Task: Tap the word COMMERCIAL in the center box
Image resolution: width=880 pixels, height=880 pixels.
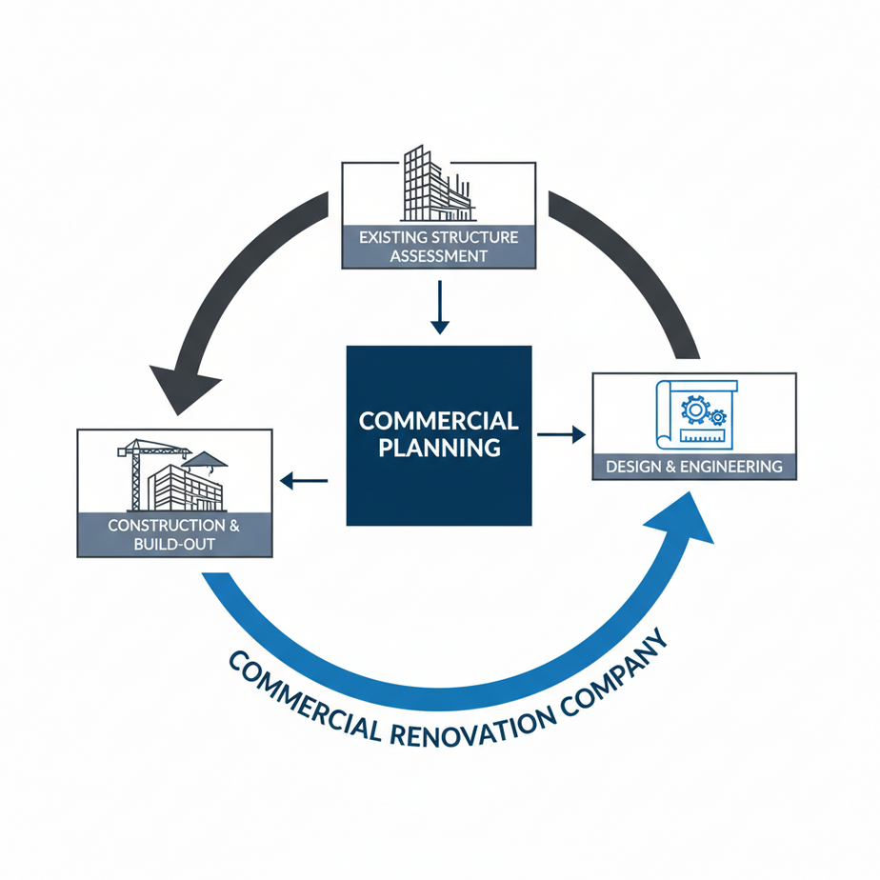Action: click(x=438, y=421)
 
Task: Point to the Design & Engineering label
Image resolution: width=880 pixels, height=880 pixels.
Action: click(x=693, y=467)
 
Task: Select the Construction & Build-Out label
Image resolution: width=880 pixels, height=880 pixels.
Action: click(x=173, y=535)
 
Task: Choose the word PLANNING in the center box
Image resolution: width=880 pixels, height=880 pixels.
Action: click(x=439, y=448)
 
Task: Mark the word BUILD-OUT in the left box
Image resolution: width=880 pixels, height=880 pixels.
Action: click(x=173, y=545)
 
